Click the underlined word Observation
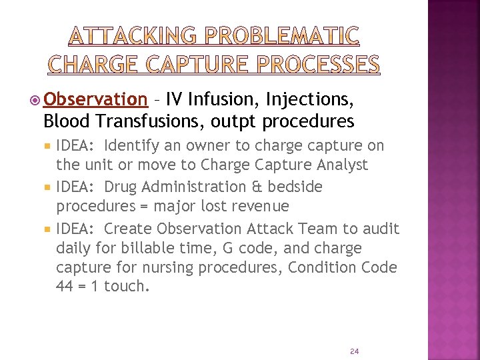click(x=95, y=100)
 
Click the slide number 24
click(x=354, y=351)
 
